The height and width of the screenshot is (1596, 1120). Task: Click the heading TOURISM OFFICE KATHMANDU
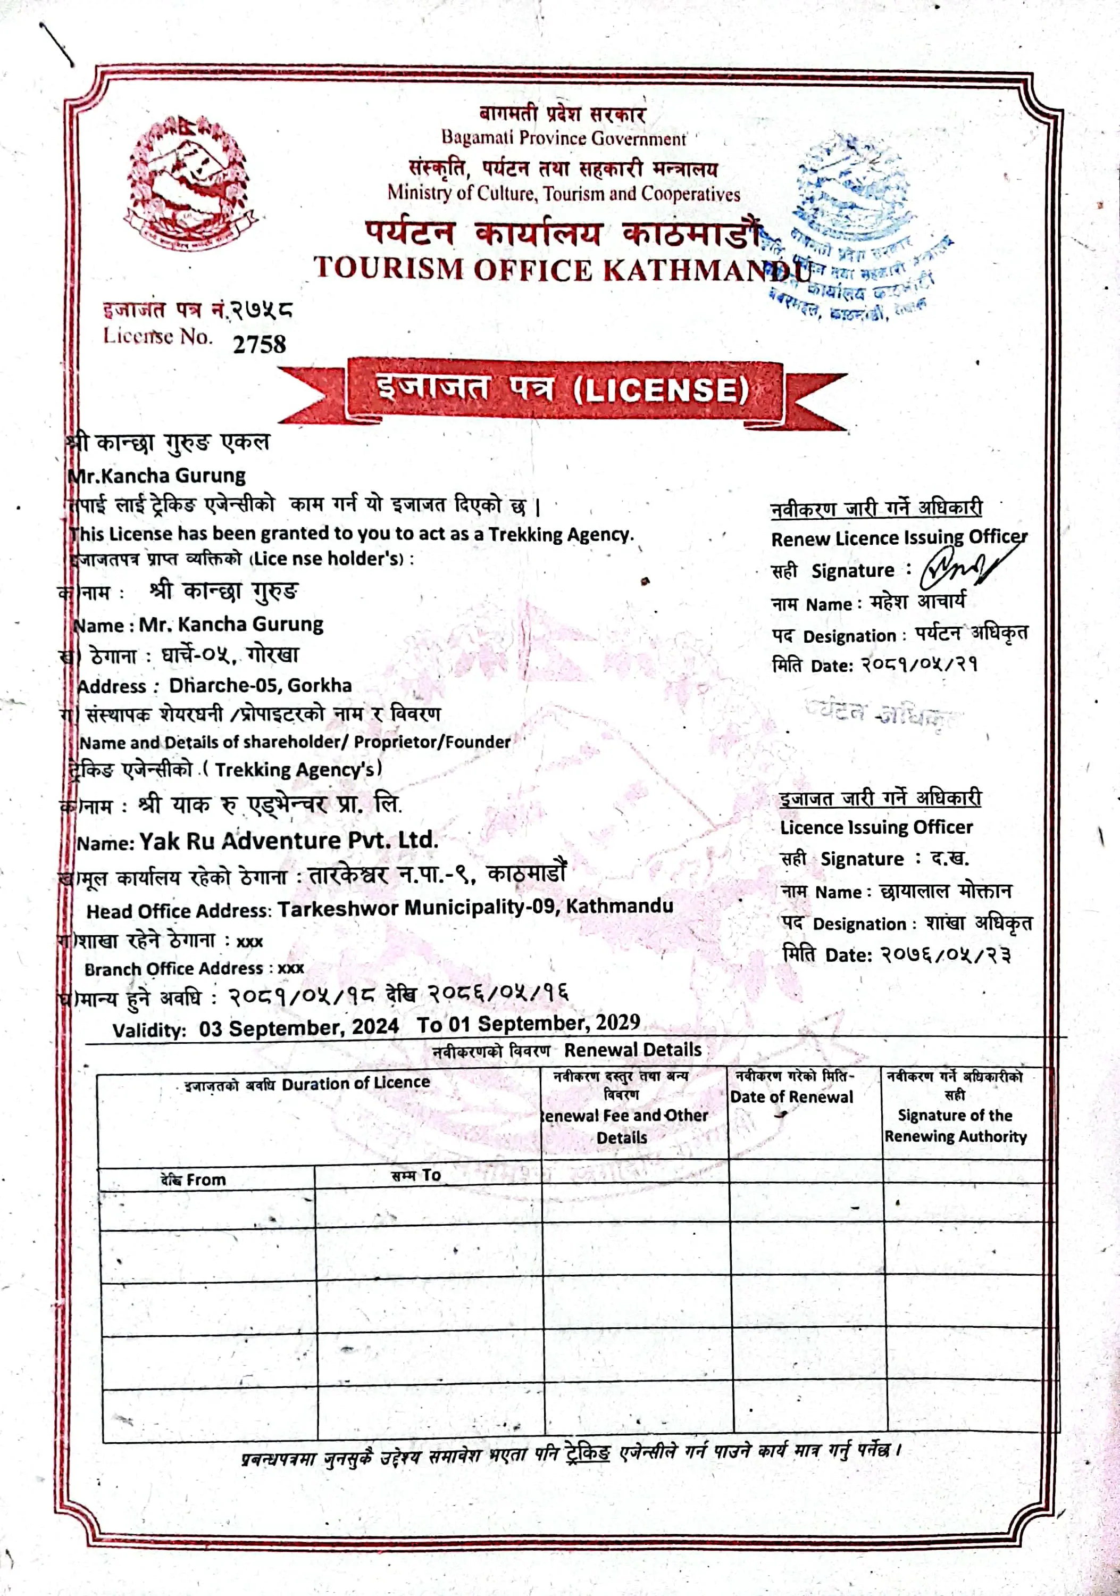pos(562,269)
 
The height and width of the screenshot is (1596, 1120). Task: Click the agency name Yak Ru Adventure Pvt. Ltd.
pos(288,841)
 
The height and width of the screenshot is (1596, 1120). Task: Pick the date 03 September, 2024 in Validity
pos(299,1027)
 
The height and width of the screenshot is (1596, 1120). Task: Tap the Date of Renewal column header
pos(791,1097)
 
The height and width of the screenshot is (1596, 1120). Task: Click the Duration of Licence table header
pos(355,1083)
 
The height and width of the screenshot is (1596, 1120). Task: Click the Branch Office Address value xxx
pos(291,968)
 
